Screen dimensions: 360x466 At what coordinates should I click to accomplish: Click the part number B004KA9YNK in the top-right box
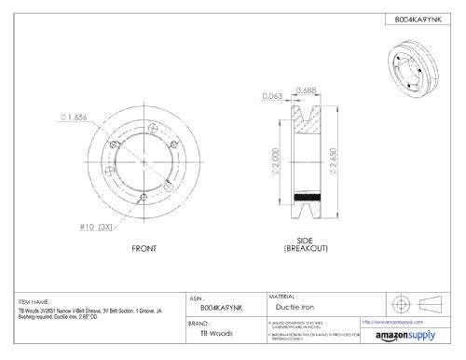point(411,18)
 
